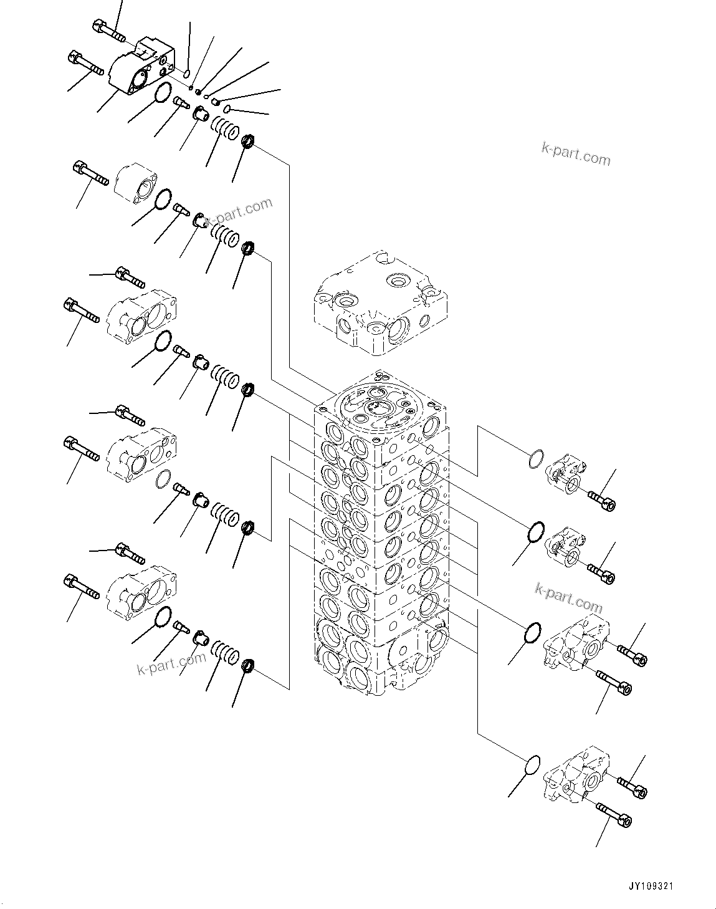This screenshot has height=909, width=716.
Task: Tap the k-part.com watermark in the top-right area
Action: pos(575,153)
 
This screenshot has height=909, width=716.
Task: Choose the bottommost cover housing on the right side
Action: pos(575,772)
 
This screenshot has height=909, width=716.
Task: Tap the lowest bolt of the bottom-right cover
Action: pos(614,814)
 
